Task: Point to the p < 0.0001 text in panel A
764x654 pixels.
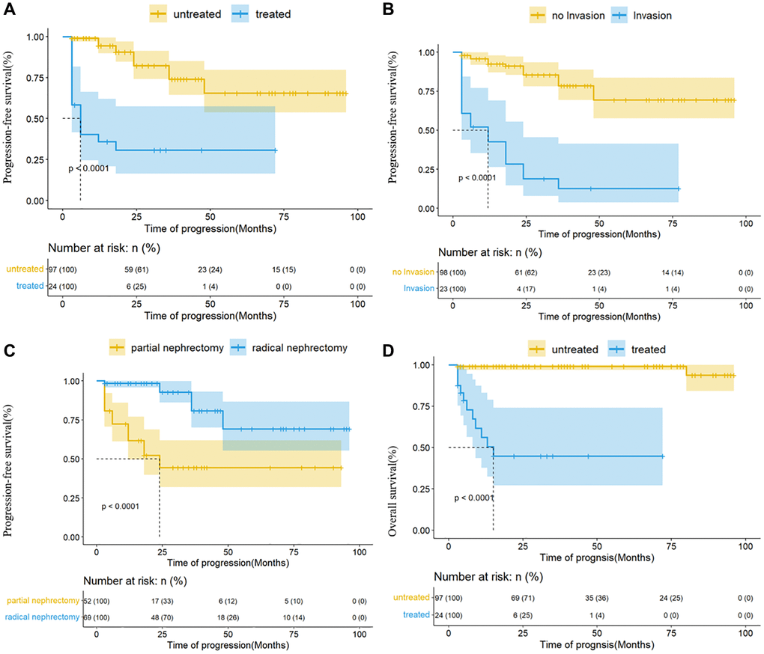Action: point(89,168)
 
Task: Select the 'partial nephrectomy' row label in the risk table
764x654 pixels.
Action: point(41,600)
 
